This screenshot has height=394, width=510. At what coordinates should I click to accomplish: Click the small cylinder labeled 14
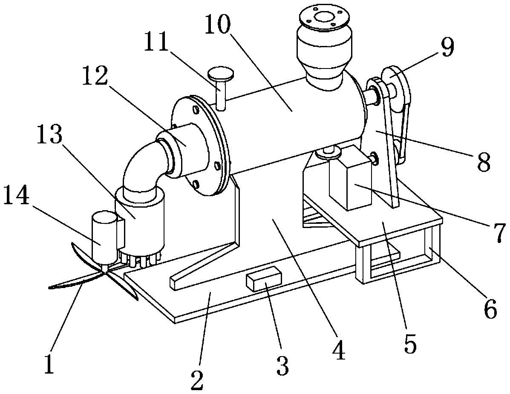[x=102, y=236]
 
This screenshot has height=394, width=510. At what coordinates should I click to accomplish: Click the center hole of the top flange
[x=323, y=18]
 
